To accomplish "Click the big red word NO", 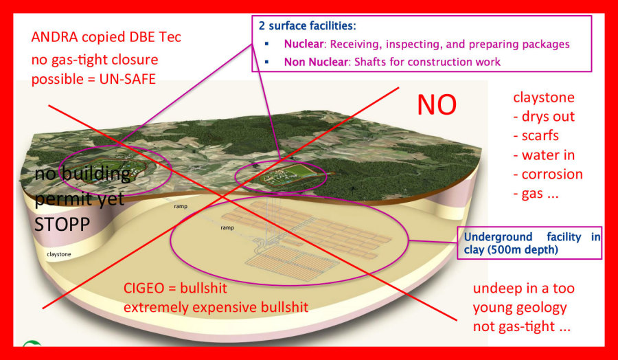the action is [x=437, y=105].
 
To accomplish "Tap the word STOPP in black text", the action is [x=62, y=224].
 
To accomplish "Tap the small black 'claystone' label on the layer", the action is [x=59, y=254].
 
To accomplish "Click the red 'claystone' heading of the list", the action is [x=544, y=98].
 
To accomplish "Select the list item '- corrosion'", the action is [x=548, y=175].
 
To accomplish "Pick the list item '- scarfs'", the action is [x=536, y=135].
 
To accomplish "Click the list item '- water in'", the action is [x=544, y=155].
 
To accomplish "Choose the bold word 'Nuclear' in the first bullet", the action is [x=304, y=44].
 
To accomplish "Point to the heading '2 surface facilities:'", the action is [x=308, y=26].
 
